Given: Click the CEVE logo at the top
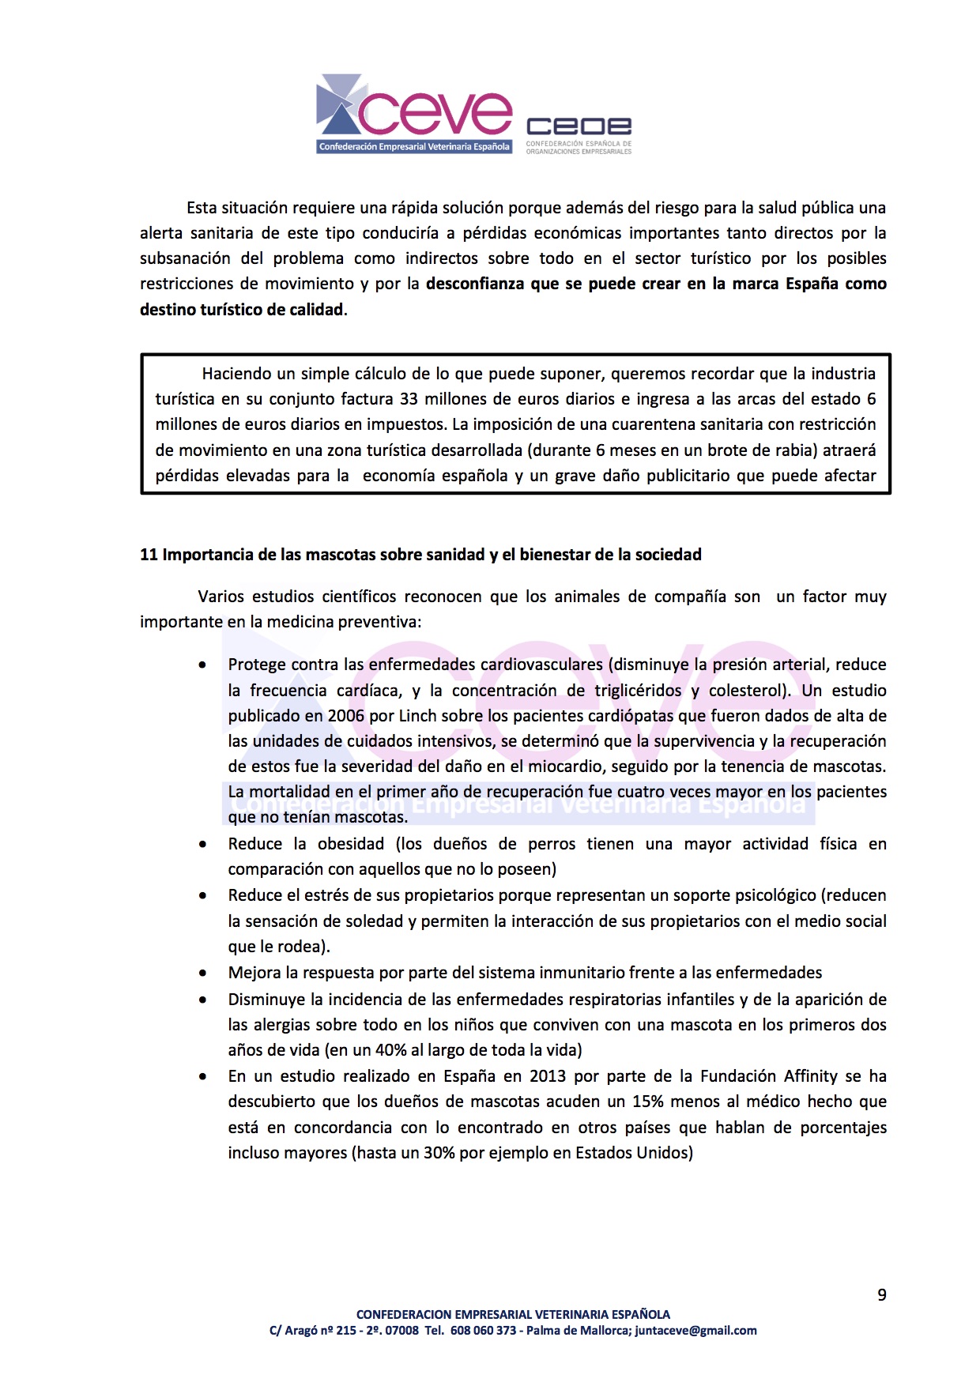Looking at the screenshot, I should click(414, 114).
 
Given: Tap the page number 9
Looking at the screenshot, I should click(882, 1294).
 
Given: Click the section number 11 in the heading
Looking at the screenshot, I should click(149, 555).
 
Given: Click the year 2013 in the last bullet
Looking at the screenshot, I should click(548, 1076).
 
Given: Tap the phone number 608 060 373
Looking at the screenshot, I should click(483, 1331).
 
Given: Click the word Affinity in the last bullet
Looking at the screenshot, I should click(810, 1076).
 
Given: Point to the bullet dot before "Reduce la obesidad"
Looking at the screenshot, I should click(203, 845).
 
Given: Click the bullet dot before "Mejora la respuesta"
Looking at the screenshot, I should click(203, 974).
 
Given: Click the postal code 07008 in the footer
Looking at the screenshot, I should click(402, 1331).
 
